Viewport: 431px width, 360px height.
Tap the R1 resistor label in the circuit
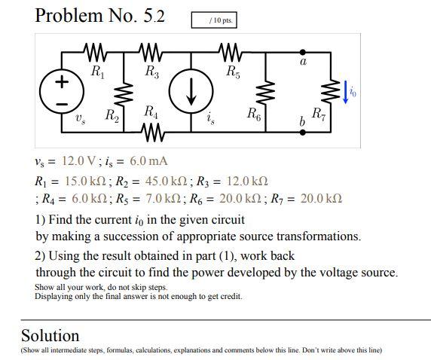(96, 73)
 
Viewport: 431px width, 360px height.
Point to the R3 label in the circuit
(152, 73)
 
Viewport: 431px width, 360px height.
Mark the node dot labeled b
(303, 131)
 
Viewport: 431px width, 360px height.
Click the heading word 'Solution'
(50, 335)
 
